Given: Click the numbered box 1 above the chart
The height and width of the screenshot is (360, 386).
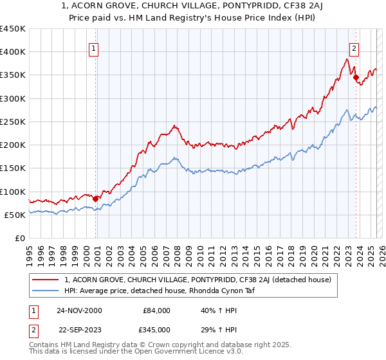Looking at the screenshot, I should click(x=94, y=48).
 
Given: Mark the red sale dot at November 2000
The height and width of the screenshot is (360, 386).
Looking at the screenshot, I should click(x=96, y=199).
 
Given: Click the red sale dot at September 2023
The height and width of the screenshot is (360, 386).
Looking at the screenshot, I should click(x=356, y=78).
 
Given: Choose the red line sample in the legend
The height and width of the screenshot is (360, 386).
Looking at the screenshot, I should click(x=46, y=280).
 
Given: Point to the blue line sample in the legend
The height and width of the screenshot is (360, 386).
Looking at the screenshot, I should click(x=46, y=291).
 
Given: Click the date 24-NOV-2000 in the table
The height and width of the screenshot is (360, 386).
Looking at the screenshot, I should click(x=79, y=310).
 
